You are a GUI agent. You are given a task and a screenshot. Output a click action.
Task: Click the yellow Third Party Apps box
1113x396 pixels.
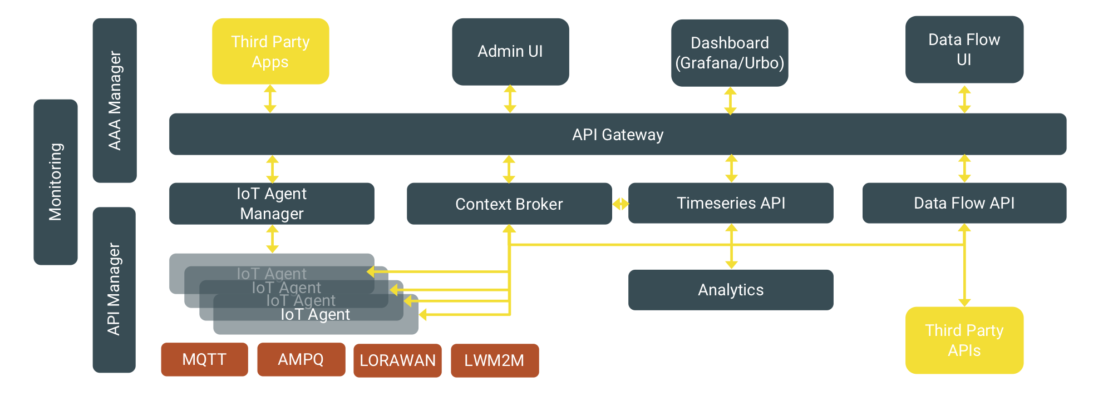[270, 51]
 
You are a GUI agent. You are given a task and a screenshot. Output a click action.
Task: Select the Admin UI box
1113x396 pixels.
[510, 52]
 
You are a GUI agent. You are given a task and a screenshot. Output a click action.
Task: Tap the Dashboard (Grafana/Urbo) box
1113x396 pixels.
[730, 53]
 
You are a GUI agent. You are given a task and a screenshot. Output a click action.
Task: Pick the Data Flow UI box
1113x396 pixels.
[964, 49]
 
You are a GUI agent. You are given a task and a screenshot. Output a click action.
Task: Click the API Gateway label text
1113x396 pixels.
[618, 135]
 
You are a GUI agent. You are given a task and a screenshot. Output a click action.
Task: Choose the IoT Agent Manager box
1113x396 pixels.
[272, 204]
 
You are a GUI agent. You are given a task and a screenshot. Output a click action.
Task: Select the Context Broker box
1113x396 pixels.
[509, 204]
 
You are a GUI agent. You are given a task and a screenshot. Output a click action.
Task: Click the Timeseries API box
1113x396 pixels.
[731, 203]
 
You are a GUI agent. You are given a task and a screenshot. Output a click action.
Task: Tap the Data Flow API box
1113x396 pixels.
[964, 203]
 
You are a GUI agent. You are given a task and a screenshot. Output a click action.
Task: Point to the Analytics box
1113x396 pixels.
[731, 290]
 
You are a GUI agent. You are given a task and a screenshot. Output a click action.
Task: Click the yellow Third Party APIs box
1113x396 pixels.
[964, 340]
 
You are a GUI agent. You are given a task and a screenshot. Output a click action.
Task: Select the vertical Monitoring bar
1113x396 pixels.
[56, 182]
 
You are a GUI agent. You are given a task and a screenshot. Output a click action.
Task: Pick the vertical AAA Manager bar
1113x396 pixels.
[115, 101]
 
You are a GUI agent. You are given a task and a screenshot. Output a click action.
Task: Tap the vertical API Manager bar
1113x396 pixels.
[114, 290]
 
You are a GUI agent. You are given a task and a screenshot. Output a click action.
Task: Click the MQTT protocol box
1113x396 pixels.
[204, 359]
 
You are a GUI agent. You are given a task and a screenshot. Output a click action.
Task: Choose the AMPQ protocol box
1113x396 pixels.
[301, 359]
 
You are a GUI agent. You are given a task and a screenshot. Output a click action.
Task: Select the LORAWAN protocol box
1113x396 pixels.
[397, 360]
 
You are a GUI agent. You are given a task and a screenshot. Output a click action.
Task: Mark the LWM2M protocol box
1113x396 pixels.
[495, 360]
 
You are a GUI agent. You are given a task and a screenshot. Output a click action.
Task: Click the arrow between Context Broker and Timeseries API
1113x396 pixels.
[620, 204]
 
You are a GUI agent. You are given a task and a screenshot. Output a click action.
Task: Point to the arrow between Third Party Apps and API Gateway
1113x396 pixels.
[270, 99]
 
